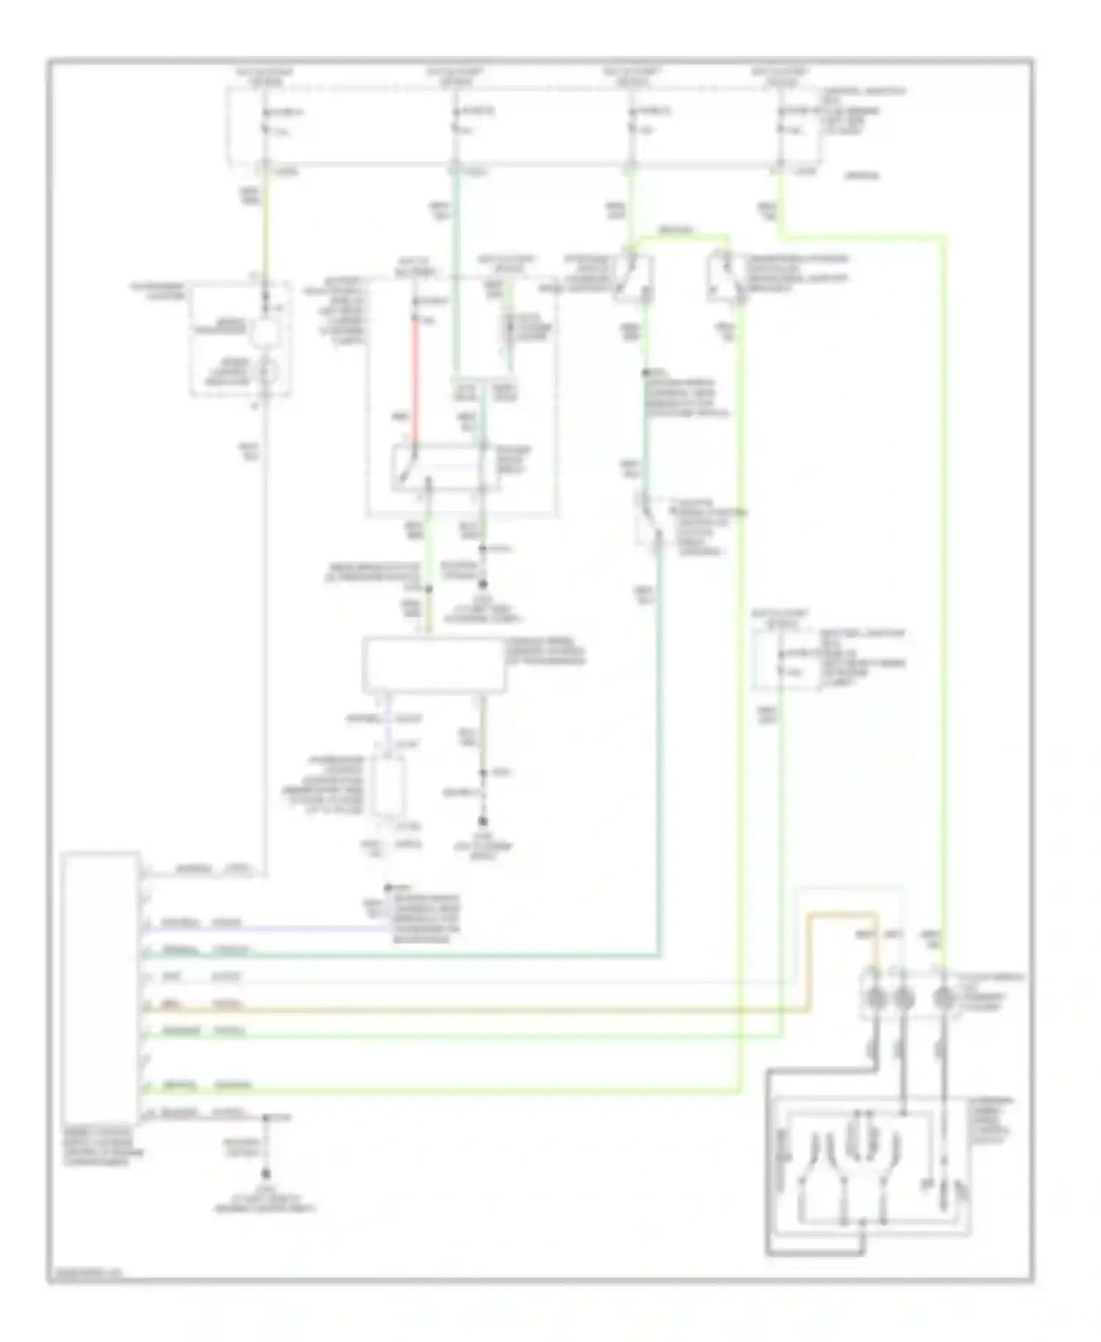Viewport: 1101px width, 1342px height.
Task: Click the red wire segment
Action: (x=415, y=382)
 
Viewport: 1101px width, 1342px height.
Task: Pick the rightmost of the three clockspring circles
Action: (x=944, y=998)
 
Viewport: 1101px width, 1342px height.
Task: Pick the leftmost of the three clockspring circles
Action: (x=876, y=998)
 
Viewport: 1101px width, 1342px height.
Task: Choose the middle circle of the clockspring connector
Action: (x=903, y=998)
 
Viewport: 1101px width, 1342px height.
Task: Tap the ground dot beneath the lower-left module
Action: (x=266, y=1174)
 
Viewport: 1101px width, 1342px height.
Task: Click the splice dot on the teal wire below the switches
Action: (x=644, y=373)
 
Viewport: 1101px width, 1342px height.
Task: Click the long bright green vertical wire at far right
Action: (x=944, y=587)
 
